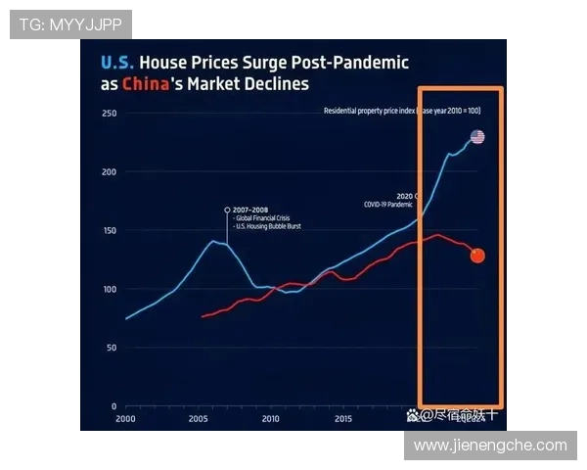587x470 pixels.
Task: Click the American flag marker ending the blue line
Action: pyautogui.click(x=476, y=136)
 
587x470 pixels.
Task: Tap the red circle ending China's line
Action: pyautogui.click(x=477, y=256)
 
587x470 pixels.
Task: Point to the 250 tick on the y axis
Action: pyautogui.click(x=109, y=114)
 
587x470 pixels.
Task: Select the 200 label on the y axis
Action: pyautogui.click(x=109, y=172)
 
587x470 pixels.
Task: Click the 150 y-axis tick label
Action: pyautogui.click(x=109, y=231)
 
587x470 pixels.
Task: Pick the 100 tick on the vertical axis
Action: pyautogui.click(x=109, y=290)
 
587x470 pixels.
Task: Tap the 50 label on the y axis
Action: pyautogui.click(x=111, y=348)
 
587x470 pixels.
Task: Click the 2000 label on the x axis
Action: pyautogui.click(x=124, y=419)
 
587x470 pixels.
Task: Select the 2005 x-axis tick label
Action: pyautogui.click(x=198, y=419)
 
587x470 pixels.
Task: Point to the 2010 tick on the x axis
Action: pyautogui.click(x=270, y=419)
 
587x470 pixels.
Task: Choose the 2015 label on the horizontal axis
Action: pyautogui.click(x=343, y=419)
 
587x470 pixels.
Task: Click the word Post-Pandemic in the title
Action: pyautogui.click(x=354, y=62)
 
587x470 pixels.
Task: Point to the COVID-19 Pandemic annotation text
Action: pyautogui.click(x=389, y=205)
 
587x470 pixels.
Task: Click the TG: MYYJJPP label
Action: pyautogui.click(x=69, y=23)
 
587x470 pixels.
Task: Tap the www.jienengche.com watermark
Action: pyautogui.click(x=489, y=446)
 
